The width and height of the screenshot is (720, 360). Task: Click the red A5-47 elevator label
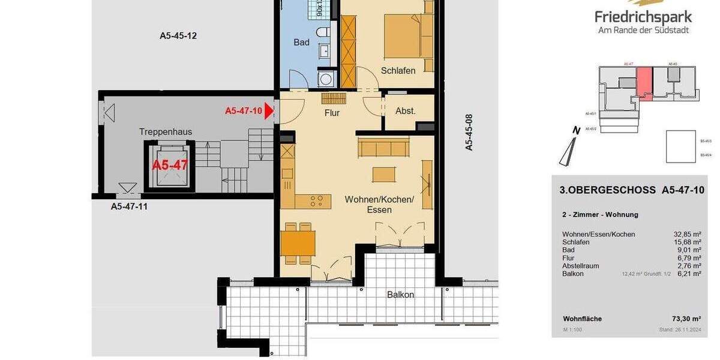170,165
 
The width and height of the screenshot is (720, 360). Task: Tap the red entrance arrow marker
269,110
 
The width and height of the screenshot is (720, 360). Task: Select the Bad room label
301,42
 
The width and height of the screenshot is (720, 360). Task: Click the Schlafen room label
398,70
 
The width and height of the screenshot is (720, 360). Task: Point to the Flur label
332,112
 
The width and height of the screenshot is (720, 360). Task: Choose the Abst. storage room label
406,110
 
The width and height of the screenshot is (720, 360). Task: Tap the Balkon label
400,295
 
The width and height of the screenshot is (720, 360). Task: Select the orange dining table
298,243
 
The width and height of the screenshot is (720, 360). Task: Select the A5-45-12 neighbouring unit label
178,35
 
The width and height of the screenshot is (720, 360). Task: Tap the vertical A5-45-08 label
470,132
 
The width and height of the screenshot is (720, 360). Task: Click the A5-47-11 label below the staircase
129,206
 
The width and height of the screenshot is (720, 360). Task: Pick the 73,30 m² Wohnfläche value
687,319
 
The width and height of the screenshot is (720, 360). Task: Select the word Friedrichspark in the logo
643,17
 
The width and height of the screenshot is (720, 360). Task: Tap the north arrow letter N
576,130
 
